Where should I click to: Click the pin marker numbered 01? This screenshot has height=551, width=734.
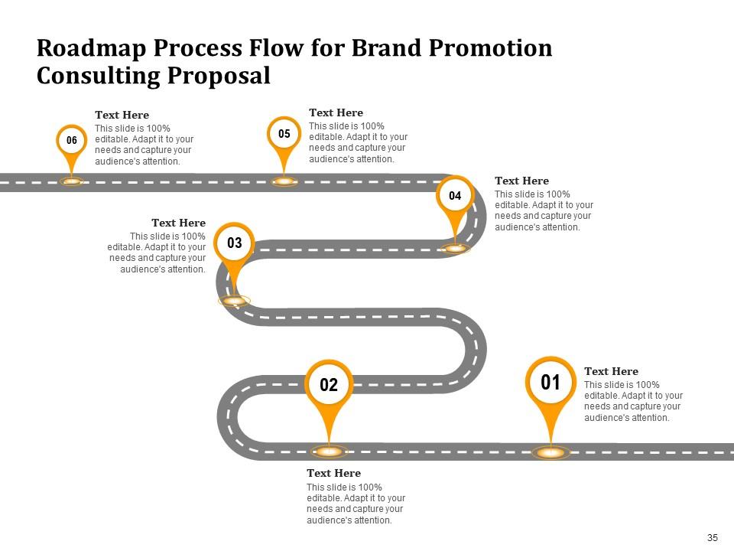[x=550, y=383]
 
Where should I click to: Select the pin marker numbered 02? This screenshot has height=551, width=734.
[x=329, y=385]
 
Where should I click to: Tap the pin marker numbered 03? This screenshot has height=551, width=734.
[x=235, y=243]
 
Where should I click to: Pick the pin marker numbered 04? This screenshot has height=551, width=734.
[x=455, y=196]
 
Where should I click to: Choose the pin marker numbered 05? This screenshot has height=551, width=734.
[x=284, y=134]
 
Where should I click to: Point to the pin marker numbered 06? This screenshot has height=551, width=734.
[x=72, y=140]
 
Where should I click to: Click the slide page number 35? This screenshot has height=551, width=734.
[x=713, y=538]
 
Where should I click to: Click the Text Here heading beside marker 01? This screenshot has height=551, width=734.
[x=611, y=371]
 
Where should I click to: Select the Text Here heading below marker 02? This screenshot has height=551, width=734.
[x=333, y=473]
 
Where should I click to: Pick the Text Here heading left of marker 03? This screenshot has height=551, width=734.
[x=178, y=223]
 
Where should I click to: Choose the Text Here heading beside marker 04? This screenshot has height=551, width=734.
[x=521, y=181]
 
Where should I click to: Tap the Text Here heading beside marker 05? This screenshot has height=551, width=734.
[x=336, y=112]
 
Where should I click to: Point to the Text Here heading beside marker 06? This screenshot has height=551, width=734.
[x=122, y=115]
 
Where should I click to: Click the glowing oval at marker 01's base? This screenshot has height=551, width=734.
[x=550, y=453]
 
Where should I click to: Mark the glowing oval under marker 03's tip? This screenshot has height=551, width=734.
[x=234, y=301]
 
